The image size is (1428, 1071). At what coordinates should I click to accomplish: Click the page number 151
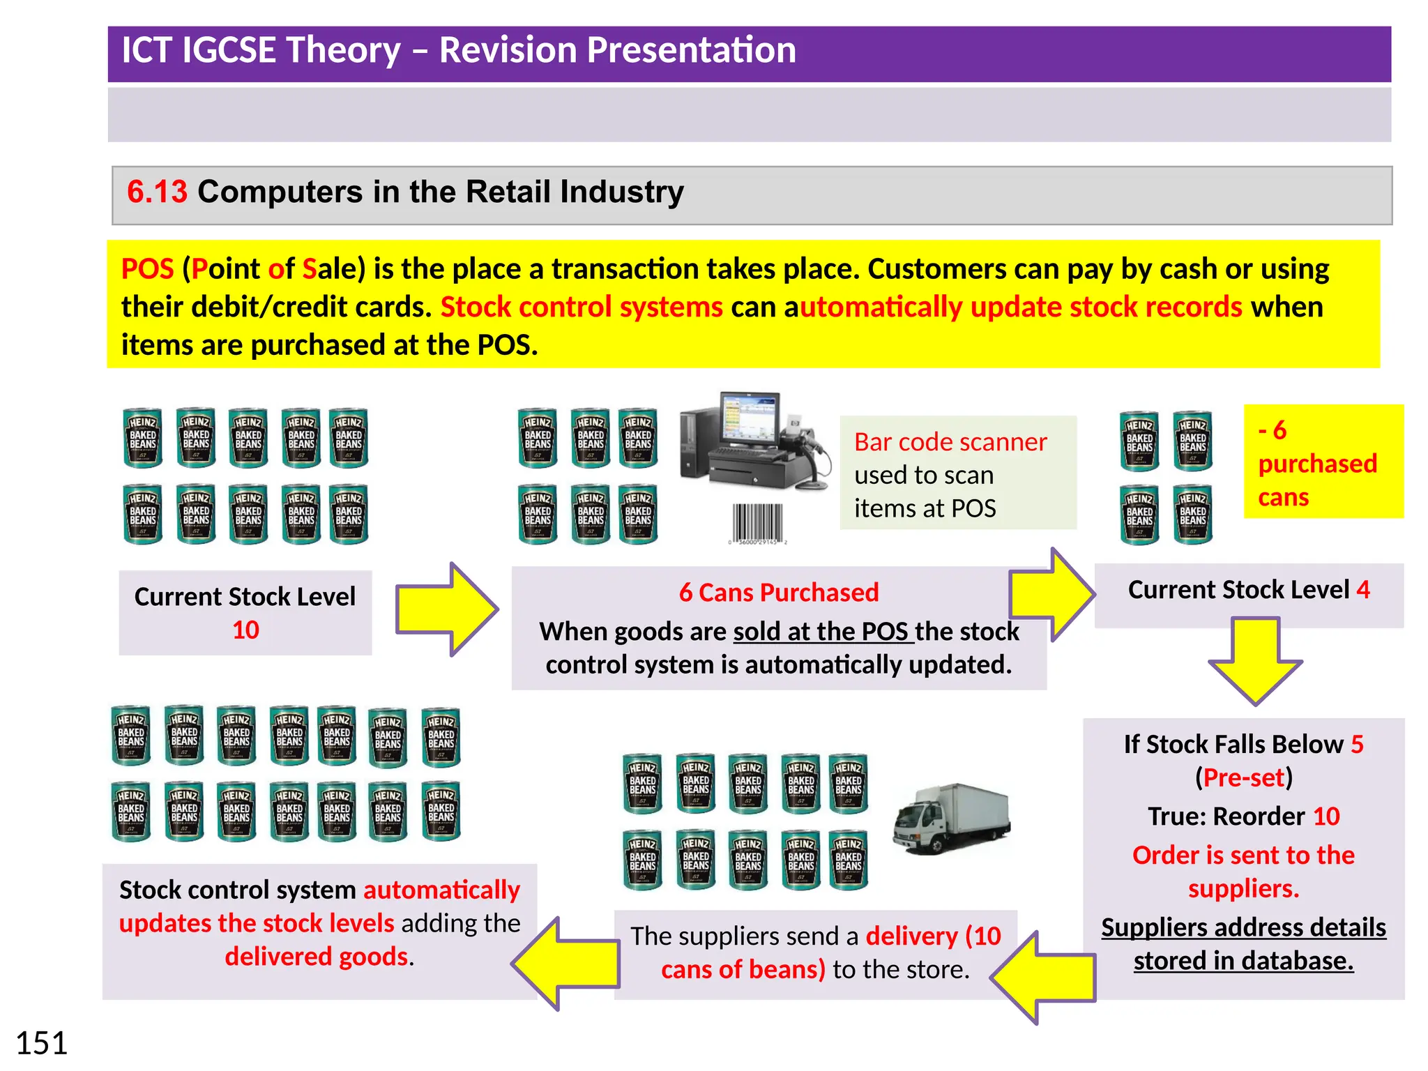41,1044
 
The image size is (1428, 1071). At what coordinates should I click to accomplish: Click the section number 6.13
157,192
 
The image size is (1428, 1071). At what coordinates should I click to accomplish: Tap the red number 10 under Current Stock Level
245,630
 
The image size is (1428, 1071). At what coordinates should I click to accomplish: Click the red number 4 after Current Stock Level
1362,590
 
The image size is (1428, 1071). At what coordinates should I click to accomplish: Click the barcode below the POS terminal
757,522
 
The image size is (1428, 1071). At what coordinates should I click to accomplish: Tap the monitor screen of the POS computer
748,416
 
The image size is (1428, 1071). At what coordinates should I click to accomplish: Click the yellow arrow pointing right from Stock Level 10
447,609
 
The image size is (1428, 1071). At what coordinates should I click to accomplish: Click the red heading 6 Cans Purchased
778,593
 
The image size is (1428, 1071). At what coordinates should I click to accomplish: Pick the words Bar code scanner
950,442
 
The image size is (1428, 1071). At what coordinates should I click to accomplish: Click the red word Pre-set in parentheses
1243,777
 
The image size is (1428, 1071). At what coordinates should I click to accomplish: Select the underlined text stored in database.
1243,961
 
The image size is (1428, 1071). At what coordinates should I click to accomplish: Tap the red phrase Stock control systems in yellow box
582,307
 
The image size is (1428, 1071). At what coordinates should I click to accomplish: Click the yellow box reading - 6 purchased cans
1322,462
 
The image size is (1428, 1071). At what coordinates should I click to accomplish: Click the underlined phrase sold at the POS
823,632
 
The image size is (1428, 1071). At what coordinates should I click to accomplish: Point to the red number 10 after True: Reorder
1326,816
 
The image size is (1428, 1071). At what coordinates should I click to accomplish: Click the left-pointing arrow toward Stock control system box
566,964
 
